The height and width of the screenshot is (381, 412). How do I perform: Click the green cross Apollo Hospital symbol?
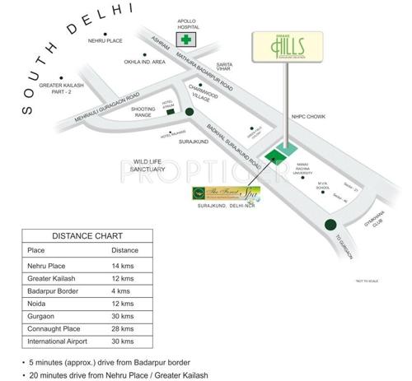click(187, 39)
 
